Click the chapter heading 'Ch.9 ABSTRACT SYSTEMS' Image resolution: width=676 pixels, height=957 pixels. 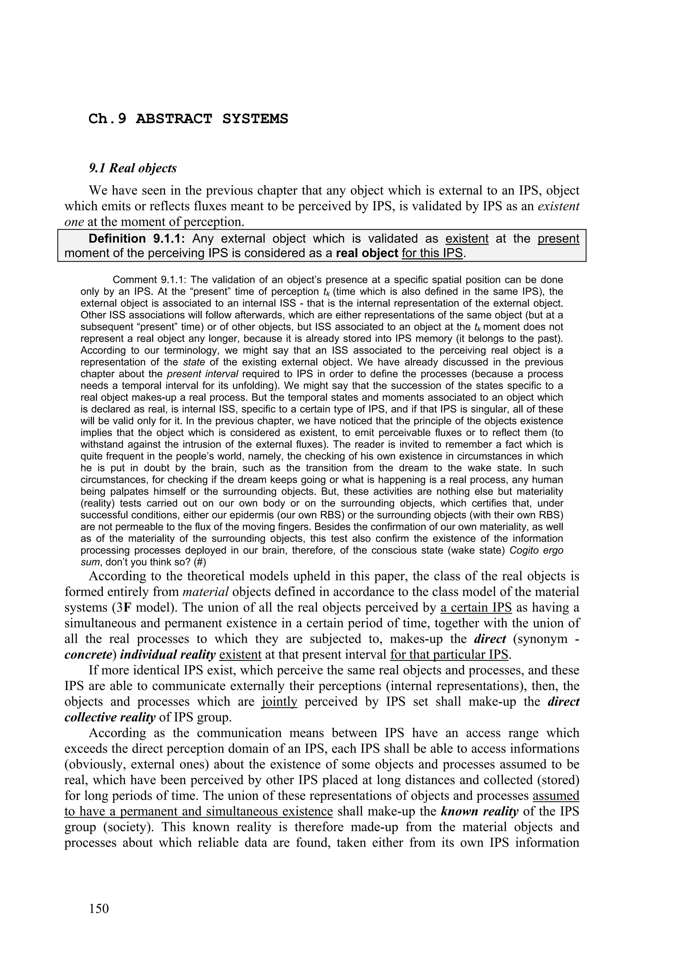point(188,119)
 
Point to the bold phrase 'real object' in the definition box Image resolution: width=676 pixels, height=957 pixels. point(367,253)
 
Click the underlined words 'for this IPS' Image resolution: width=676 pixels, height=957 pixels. point(432,253)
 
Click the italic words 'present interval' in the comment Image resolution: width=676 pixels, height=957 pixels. point(202,374)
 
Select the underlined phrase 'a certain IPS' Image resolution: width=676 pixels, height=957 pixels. point(476,608)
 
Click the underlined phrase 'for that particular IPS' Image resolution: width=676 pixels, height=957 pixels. point(450,655)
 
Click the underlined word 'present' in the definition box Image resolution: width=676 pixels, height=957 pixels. point(558,239)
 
